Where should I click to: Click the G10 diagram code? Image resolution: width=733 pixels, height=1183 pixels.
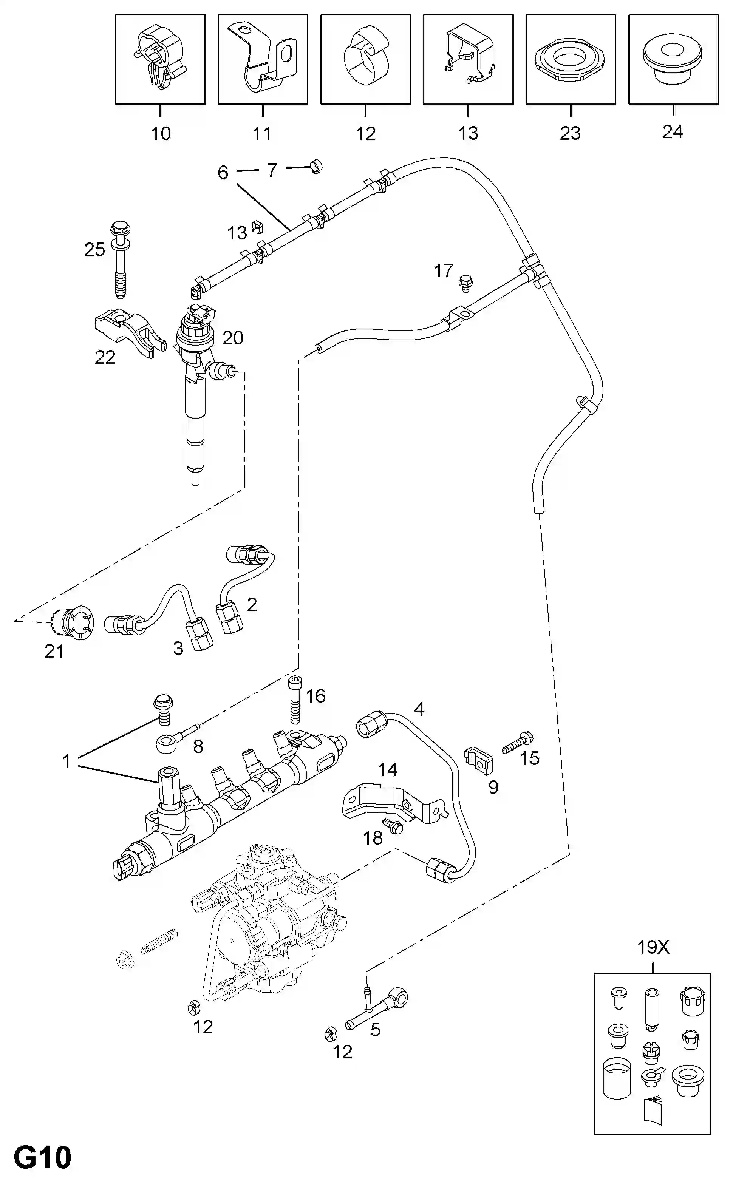[43, 1157]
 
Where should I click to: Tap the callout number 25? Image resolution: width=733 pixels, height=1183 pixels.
[94, 250]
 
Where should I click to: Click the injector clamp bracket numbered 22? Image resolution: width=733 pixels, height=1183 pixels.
[130, 334]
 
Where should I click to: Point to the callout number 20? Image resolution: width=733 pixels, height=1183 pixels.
[233, 338]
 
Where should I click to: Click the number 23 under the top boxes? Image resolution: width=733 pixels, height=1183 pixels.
[570, 133]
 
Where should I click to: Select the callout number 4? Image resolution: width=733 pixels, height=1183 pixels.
[419, 709]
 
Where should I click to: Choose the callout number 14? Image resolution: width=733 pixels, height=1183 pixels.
[387, 769]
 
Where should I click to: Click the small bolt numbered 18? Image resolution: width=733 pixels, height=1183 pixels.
[393, 826]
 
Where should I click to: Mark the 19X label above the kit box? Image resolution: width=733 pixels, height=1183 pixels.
[653, 947]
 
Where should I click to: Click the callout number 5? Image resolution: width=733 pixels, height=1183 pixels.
[375, 1030]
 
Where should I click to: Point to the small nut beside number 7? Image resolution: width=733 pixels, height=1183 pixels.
[316, 167]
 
